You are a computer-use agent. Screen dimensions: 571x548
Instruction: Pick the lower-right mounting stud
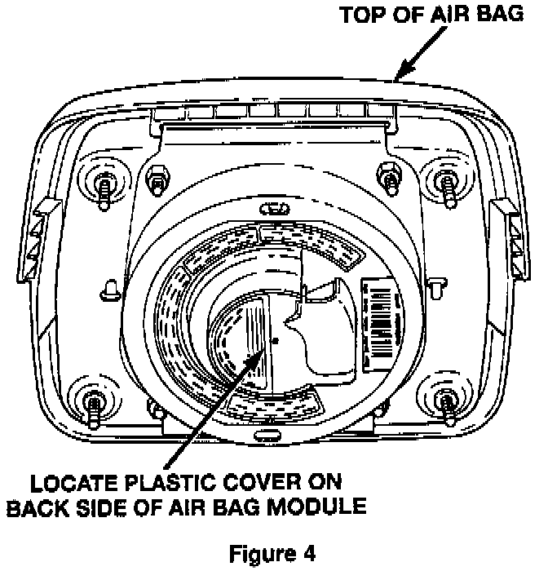click(x=447, y=401)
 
